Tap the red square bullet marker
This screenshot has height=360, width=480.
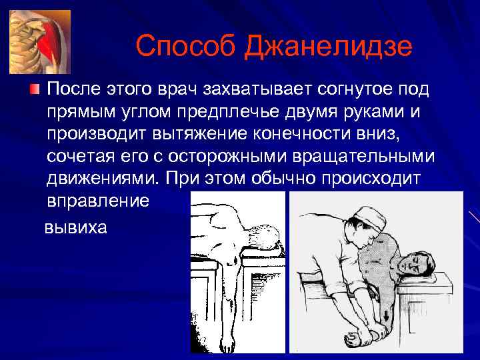tap(35, 90)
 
